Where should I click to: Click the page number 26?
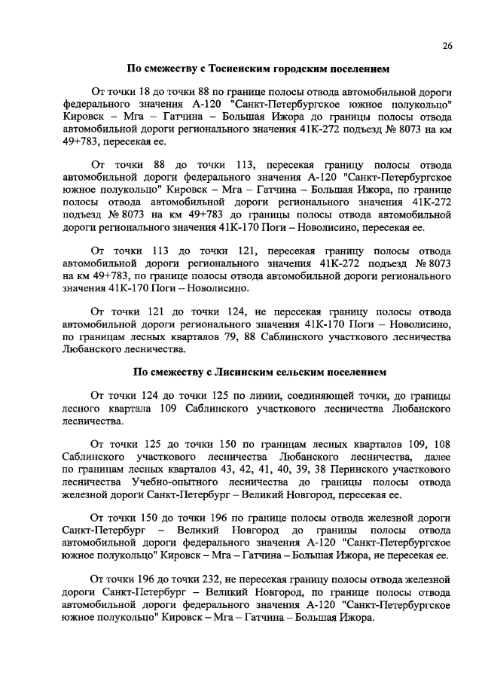pyautogui.click(x=447, y=47)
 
